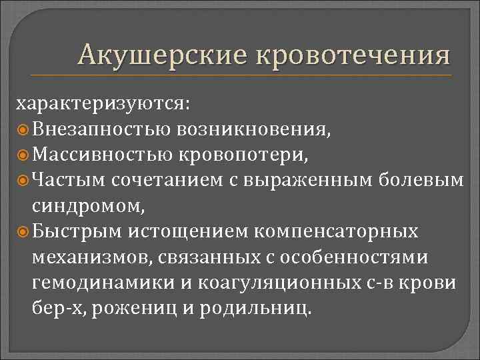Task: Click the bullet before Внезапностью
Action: point(23,129)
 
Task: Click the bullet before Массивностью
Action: point(23,154)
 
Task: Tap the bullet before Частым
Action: point(23,180)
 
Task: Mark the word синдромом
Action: point(86,205)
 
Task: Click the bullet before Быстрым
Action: point(23,231)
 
